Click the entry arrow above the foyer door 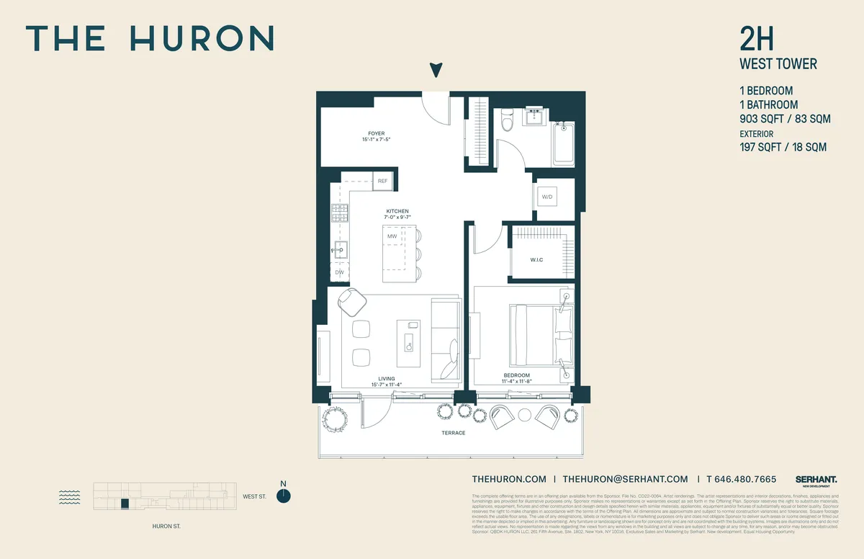pos(435,70)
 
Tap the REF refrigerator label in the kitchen pos(382,182)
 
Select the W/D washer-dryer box pos(546,197)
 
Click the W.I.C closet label pos(536,259)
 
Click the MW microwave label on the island pos(392,236)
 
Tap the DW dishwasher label pos(338,272)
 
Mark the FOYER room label pos(376,134)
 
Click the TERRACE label pos(454,433)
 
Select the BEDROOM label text pos(516,375)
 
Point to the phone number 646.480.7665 pos(745,479)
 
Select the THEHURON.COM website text pos(509,479)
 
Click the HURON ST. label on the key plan pos(166,527)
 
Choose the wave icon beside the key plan pos(69,496)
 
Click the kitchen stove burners pos(338,213)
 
